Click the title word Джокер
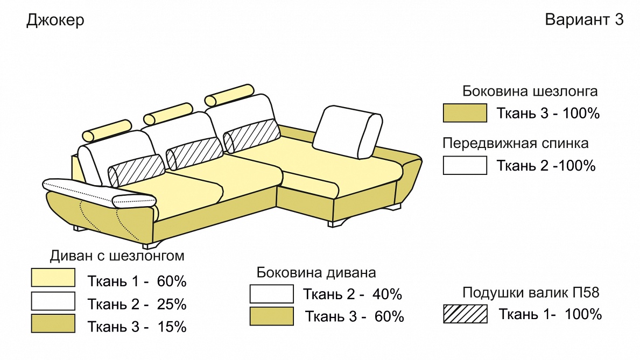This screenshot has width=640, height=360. coord(55,20)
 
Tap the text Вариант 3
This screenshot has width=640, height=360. coord(584,19)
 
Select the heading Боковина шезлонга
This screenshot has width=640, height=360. coord(530,91)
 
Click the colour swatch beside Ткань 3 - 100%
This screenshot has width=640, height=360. coord(465,113)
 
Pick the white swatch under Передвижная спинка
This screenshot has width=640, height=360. coord(465,165)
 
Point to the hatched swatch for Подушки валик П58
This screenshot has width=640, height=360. coord(465,314)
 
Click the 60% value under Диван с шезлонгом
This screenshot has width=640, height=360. coord(172,281)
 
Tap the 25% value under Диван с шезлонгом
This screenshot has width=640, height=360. coord(172,304)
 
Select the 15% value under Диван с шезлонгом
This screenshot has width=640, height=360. coord(172,327)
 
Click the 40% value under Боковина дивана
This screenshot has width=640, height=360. coord(388,294)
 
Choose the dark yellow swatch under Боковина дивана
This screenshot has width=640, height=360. coord(271,316)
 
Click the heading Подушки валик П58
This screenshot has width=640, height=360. coord(531,292)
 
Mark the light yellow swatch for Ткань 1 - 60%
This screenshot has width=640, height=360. coord(53,278)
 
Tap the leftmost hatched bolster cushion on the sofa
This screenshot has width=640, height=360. coord(136,171)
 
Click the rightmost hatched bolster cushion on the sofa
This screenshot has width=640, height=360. coord(251,136)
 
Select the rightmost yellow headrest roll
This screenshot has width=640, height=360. coord(229,95)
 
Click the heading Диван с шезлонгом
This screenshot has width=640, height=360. coord(117,256)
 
